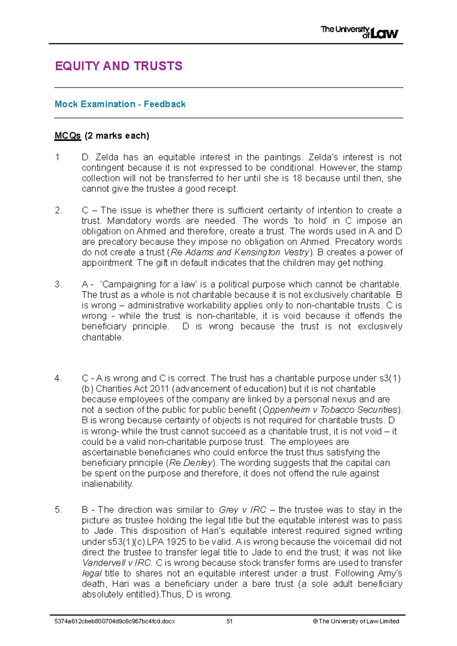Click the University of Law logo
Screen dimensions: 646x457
359,32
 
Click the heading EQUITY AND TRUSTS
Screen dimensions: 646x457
118,66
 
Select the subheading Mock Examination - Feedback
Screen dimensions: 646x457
120,104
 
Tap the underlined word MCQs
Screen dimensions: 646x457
67,136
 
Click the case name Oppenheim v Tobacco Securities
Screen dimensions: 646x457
330,410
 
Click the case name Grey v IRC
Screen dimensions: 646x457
242,510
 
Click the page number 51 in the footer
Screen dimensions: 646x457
229,621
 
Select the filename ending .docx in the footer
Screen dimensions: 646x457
115,621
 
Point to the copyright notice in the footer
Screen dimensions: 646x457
356,621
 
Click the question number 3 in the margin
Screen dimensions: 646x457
58,285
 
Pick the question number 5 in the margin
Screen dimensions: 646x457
58,510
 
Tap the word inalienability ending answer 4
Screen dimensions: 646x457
107,484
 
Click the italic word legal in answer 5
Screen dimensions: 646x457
91,573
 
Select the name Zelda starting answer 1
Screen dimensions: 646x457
106,158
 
